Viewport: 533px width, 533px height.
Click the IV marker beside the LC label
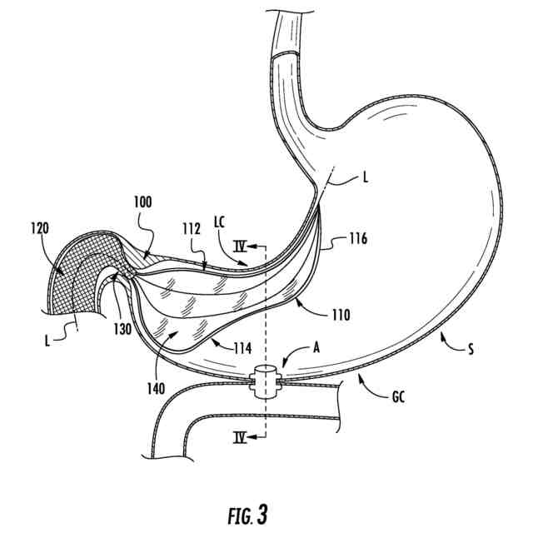coord(241,247)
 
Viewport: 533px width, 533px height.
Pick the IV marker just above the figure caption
coord(241,436)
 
